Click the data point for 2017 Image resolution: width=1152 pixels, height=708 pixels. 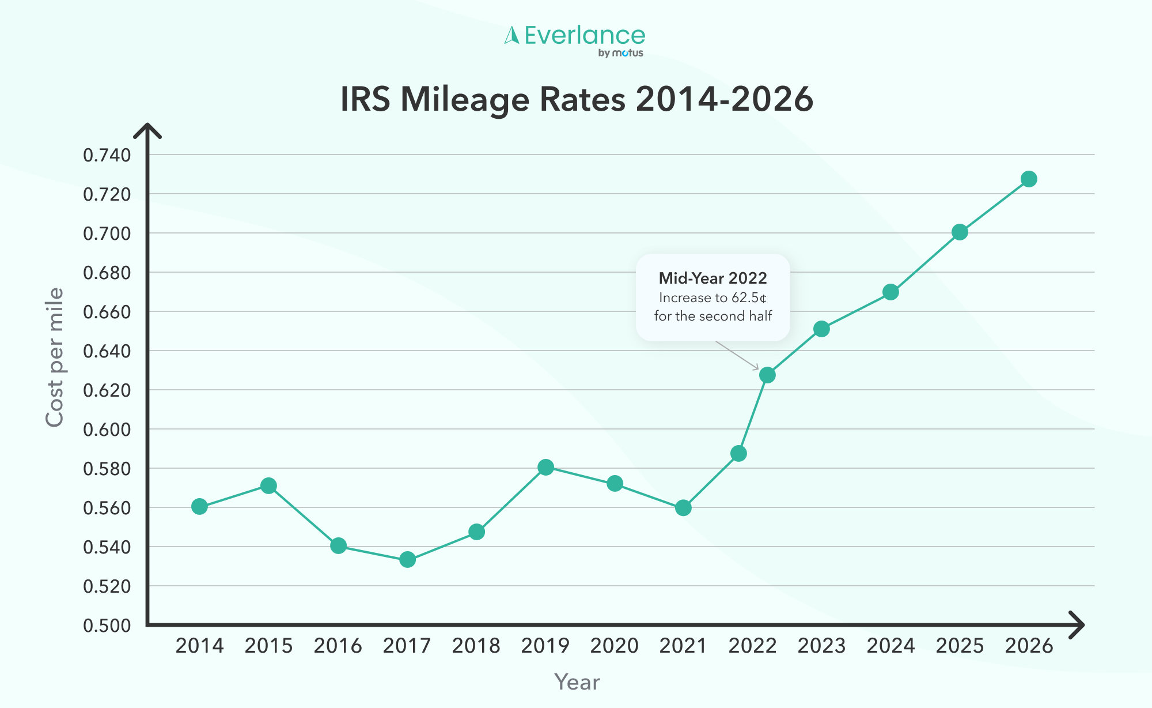pos(407,559)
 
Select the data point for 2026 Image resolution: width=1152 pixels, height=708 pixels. pos(1029,179)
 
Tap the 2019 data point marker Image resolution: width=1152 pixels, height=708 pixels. pos(545,467)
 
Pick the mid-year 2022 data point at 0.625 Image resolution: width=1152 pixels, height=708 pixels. pos(767,375)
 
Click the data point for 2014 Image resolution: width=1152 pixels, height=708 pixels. pos(199,506)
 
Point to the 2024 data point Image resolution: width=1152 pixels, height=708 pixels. pos(890,292)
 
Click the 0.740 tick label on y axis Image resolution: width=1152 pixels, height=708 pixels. pos(107,155)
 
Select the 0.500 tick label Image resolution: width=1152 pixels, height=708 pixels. pos(107,626)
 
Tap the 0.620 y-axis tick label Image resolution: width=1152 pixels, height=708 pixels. pos(107,390)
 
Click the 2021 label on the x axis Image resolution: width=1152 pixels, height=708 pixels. pos(683,646)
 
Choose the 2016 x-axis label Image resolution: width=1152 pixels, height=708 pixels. pos(338,646)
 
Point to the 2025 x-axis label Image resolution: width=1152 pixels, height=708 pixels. pos(960,646)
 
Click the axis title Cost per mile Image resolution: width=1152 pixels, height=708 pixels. pos(54,357)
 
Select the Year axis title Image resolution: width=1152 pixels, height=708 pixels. pos(577,682)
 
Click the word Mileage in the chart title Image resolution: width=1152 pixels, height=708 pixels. pos(464,99)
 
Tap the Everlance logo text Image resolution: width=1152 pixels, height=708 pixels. pos(584,36)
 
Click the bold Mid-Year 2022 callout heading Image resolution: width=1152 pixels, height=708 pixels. pos(713,278)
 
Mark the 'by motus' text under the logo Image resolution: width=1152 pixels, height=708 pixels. pos(620,53)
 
